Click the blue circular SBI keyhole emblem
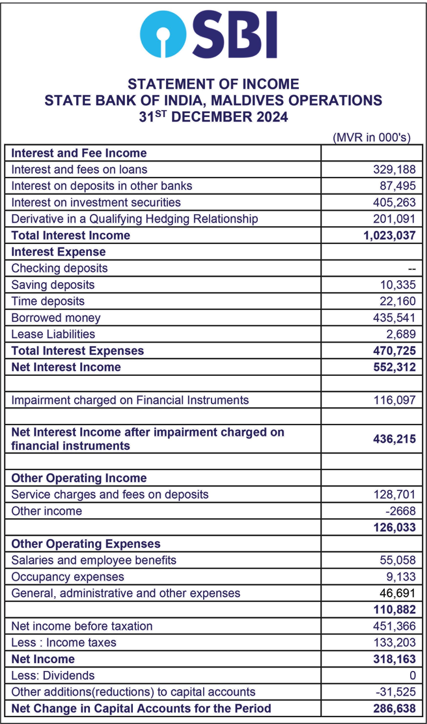163,34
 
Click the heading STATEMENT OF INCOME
213,84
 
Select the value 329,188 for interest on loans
394,169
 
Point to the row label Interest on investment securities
96,203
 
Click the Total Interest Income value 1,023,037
389,235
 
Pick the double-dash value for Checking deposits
412,269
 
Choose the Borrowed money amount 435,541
394,318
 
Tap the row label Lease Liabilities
53,334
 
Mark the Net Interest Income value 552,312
394,367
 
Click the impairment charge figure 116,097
394,400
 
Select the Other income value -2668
401,511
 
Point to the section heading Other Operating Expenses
86,544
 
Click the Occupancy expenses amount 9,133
401,577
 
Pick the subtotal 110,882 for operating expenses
394,609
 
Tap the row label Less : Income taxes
63,642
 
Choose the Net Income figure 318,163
394,659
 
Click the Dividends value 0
413,675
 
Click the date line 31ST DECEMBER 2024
213,117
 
